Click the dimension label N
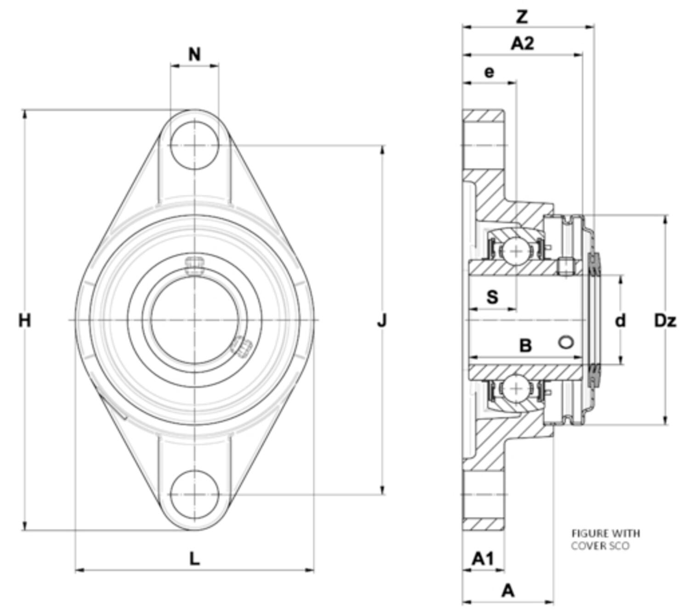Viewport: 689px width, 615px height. [x=195, y=55]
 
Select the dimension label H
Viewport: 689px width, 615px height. [x=25, y=320]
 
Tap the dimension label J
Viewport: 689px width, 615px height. [x=382, y=320]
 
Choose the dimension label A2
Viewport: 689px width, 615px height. [x=523, y=44]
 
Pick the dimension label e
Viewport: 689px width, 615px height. [x=490, y=72]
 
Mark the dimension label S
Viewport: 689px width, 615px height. [x=492, y=297]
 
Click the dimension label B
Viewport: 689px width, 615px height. [x=525, y=345]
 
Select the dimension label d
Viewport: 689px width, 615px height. [x=620, y=321]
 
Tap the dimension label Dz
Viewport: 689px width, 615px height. [x=665, y=321]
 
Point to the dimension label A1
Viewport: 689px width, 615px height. [x=483, y=559]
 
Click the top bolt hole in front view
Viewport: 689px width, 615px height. [x=195, y=145]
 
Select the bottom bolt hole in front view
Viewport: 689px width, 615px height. [x=195, y=494]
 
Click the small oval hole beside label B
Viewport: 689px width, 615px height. [x=566, y=342]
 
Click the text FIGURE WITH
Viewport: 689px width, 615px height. [x=605, y=533]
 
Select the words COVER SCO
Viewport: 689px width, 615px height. [x=600, y=546]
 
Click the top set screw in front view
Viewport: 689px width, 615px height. [x=194, y=265]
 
